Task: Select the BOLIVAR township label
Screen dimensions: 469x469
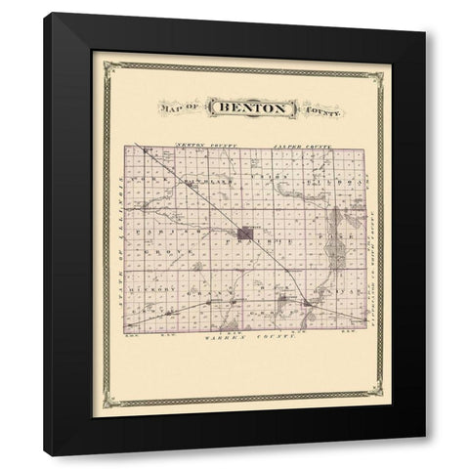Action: click(348, 290)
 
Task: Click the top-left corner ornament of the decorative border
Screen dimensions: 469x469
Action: click(97, 58)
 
